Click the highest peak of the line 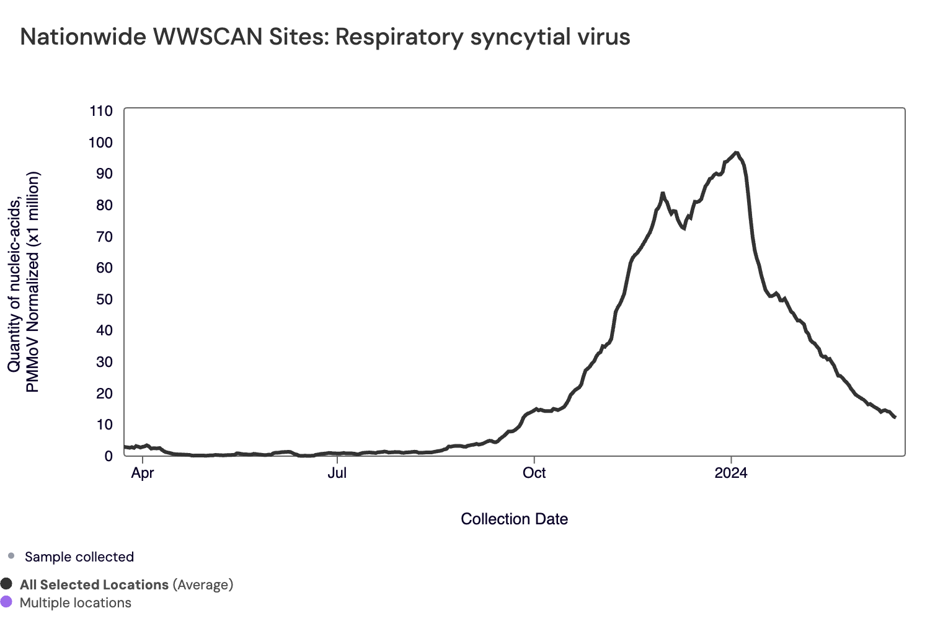[x=735, y=152]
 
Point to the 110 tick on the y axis [x=101, y=112]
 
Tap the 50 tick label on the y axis [x=104, y=299]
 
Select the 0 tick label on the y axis [x=108, y=456]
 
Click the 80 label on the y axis [x=104, y=205]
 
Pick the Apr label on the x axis [x=143, y=473]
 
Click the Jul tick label [x=337, y=473]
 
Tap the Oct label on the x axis [x=534, y=473]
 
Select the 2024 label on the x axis [x=731, y=473]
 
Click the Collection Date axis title [x=514, y=519]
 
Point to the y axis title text [x=24, y=282]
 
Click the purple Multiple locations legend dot [x=7, y=602]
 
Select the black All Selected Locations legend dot [x=7, y=584]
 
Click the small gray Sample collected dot [x=11, y=556]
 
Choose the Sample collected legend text [x=79, y=557]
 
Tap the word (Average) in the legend [x=203, y=584]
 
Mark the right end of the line [x=895, y=418]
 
